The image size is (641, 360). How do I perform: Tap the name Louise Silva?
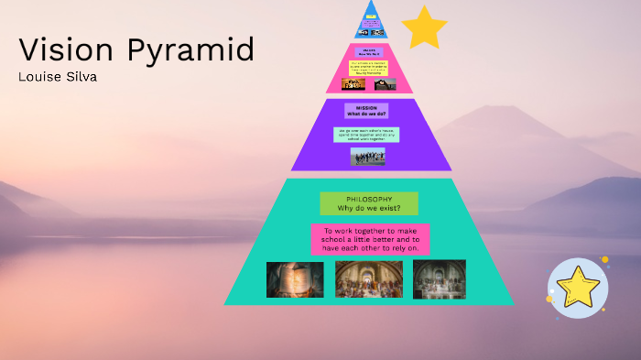58,76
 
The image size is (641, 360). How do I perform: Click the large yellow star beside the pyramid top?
424,27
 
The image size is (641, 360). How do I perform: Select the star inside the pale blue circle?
579,289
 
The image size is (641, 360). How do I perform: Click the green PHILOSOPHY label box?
369,203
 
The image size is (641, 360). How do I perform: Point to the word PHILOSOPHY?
369,199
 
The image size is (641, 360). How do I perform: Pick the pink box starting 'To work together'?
370,239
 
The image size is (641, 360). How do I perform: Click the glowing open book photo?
295,279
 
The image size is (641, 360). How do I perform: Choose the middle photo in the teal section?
368,278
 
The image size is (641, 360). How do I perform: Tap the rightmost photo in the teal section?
440,278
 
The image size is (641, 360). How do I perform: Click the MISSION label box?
366,110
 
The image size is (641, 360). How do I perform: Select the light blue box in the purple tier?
366,134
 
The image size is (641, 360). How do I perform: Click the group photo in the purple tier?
367,157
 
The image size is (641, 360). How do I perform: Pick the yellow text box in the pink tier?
369,68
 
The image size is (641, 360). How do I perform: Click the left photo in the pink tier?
353,84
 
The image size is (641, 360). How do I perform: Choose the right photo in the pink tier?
385,84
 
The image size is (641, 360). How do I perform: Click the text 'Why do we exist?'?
369,209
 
